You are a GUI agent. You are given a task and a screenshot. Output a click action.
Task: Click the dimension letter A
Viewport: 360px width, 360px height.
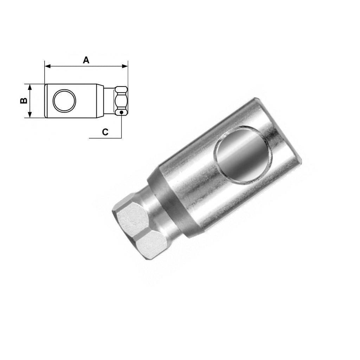point(86,60)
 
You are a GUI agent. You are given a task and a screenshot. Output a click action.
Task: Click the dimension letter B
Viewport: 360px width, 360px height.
point(24,101)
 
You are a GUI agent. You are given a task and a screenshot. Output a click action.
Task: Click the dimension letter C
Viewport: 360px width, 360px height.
point(105,132)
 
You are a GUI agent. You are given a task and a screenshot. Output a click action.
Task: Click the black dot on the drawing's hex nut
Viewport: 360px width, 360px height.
point(121,112)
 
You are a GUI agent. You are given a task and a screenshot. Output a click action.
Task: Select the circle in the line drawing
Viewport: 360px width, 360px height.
point(64,101)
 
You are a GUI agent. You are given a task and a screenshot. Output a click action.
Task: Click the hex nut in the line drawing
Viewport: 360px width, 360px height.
point(121,101)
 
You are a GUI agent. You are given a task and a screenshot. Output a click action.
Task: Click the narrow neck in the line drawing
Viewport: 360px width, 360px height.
point(109,101)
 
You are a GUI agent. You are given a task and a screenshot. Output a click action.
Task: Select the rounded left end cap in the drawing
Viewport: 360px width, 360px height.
point(46,101)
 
